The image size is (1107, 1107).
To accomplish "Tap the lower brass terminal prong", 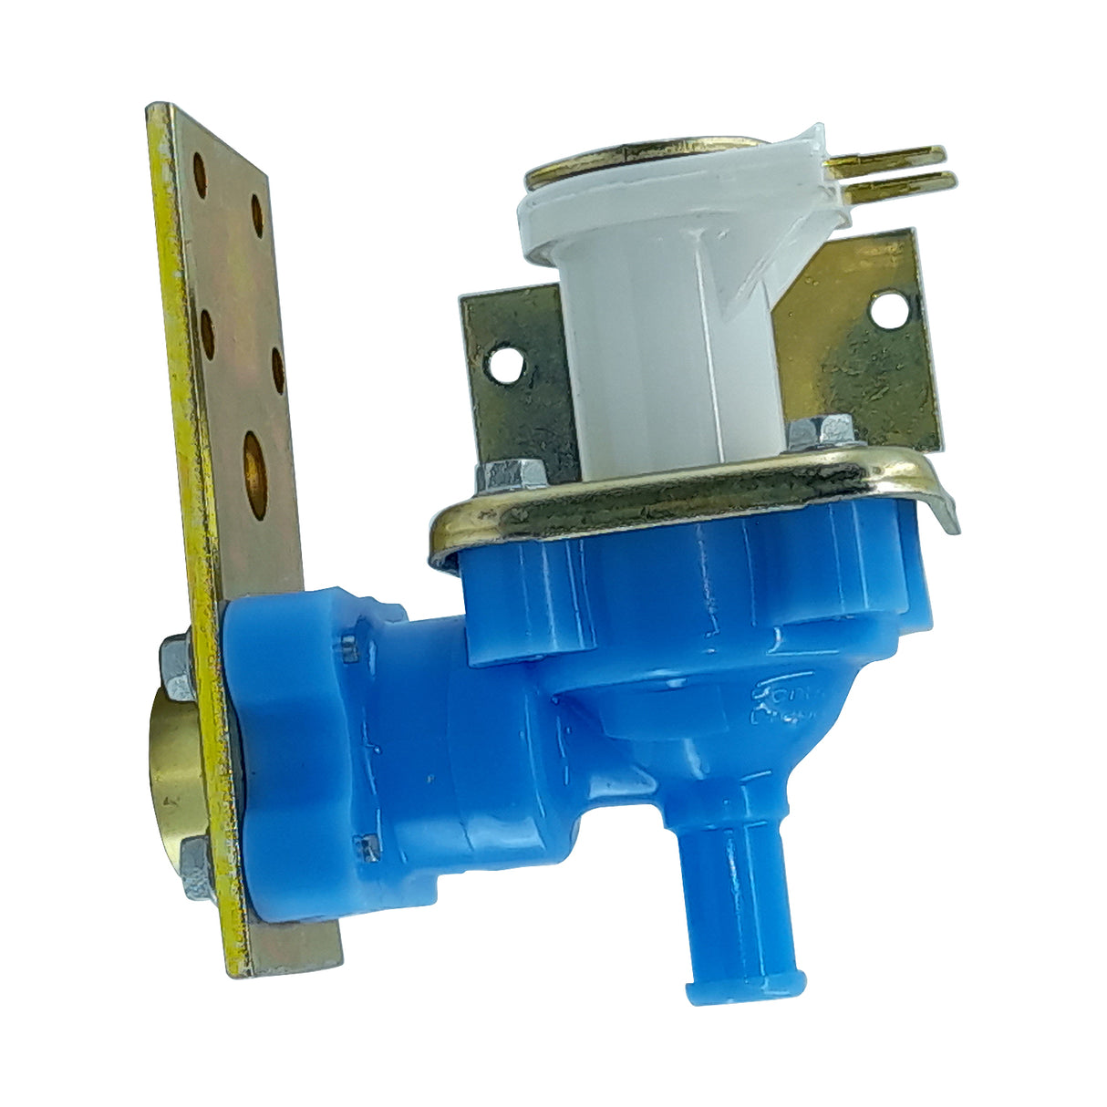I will click(x=903, y=180).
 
